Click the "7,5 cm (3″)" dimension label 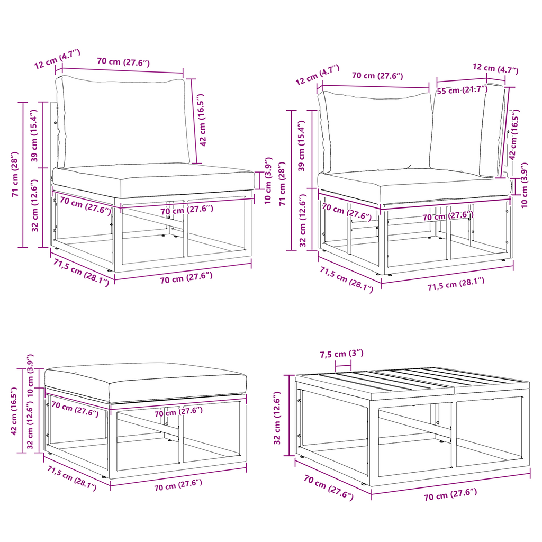[341, 354]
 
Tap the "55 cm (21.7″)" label [462, 90]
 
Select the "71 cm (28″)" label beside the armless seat [15, 174]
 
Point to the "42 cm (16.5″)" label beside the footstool [14, 411]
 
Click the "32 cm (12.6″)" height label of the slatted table [277, 418]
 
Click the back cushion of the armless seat [123, 122]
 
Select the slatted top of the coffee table [412, 384]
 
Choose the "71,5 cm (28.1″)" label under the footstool [72, 478]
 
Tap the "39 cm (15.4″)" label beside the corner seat [301, 146]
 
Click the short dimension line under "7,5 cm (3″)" [343, 365]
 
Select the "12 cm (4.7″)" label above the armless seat [57, 59]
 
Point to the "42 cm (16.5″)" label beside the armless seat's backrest [202, 120]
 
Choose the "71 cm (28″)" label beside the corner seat [283, 184]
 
